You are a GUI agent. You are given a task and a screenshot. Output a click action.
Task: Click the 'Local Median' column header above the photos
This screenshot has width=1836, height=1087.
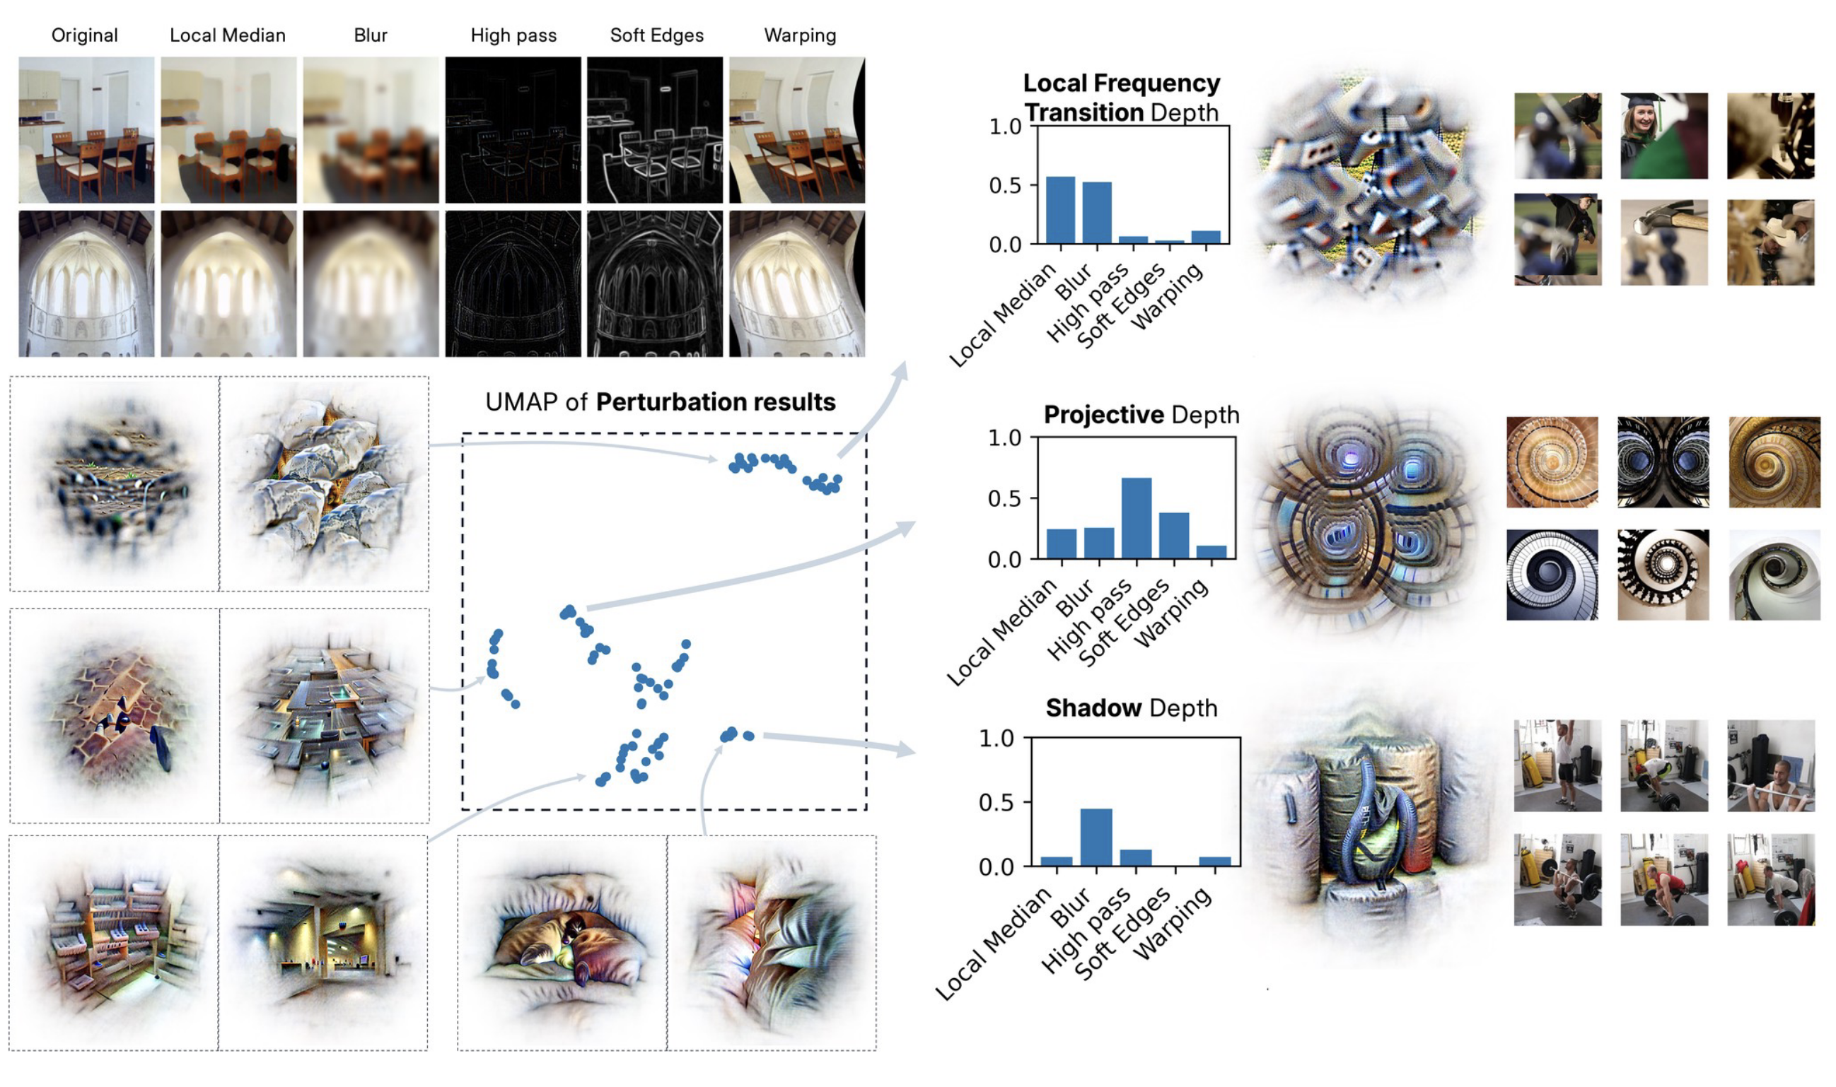(227, 35)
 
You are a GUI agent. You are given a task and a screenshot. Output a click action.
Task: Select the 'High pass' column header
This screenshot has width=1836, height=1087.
(513, 35)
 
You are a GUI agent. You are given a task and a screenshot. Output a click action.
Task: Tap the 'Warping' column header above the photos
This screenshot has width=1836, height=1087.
(800, 35)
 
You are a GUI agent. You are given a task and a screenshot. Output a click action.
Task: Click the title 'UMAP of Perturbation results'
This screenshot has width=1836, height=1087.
(660, 402)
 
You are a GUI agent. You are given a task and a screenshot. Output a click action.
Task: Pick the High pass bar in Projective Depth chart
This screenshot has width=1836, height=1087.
(1136, 519)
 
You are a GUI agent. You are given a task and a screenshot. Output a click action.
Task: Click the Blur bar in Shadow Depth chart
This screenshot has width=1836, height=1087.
(1096, 838)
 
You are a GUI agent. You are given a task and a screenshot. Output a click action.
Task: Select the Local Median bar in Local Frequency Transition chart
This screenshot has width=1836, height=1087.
(1060, 210)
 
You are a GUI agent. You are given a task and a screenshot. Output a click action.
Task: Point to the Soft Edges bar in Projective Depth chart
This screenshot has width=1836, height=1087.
(1174, 536)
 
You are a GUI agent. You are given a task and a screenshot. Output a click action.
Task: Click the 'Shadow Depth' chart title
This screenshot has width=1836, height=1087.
(1131, 707)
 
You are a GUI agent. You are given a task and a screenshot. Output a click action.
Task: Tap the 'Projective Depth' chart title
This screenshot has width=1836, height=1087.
(1141, 415)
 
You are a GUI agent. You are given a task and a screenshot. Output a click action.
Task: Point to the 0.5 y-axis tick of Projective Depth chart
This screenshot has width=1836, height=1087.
(1004, 499)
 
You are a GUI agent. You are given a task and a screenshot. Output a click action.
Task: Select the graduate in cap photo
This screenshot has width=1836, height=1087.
(1663, 136)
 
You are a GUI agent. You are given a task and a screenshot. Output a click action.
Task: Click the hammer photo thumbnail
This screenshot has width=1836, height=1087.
(1663, 242)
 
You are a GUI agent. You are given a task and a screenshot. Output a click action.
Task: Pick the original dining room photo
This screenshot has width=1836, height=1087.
(86, 129)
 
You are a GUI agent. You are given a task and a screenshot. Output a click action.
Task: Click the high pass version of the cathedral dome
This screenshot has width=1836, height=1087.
(513, 283)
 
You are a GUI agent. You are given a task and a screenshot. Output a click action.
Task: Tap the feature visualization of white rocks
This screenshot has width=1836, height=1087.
(324, 483)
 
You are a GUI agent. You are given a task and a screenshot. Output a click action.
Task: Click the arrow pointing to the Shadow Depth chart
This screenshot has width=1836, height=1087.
(843, 741)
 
